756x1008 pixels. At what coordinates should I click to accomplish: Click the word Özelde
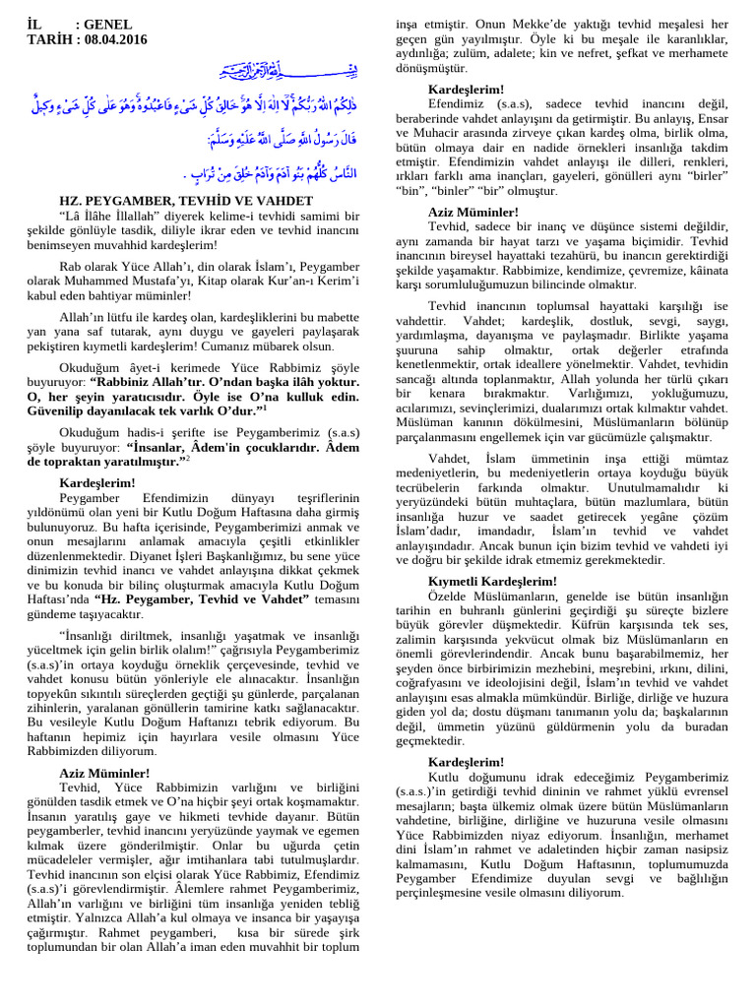[451, 596]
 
